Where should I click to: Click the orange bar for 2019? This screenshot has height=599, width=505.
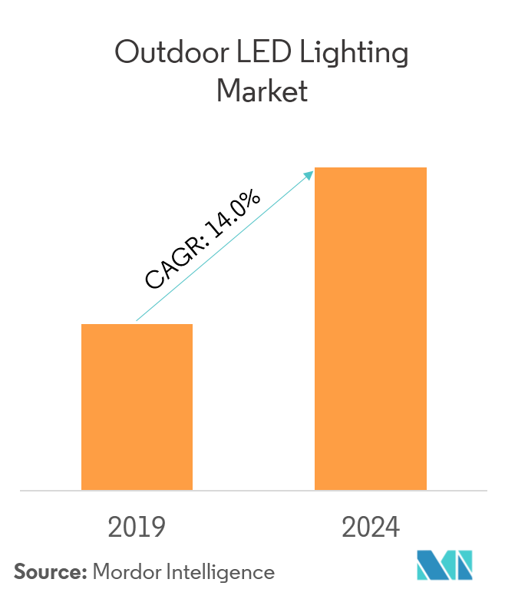(137, 406)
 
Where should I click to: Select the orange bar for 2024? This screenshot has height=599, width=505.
(371, 328)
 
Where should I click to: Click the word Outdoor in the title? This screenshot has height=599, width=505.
(159, 55)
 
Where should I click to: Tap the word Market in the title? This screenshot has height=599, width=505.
(262, 91)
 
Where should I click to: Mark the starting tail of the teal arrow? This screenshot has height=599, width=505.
(137, 320)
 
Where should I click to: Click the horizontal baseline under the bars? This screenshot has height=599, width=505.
(252, 490)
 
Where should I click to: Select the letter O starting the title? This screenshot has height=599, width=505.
(125, 55)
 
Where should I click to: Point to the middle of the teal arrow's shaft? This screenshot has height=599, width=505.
(224, 247)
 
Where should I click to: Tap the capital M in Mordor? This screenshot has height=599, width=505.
(101, 572)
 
